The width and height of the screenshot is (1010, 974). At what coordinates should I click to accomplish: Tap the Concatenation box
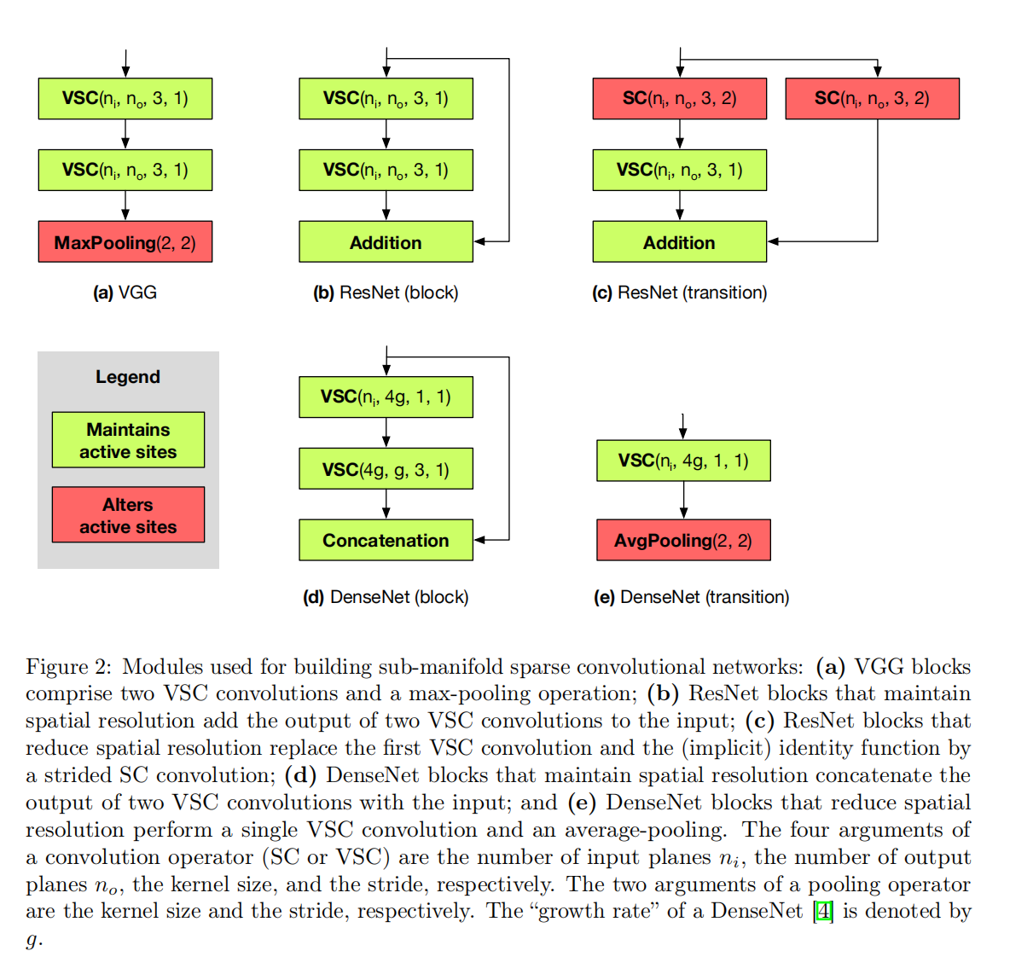pos(386,540)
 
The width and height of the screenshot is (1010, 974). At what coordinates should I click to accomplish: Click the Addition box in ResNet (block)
pos(386,242)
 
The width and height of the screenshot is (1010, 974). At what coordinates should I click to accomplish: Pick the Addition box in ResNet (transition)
pos(679,242)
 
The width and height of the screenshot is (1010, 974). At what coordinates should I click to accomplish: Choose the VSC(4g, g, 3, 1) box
pos(386,469)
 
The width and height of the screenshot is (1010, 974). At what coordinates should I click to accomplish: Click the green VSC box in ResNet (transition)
pos(679,170)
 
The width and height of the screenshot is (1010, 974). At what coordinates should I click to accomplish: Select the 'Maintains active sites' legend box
pos(128,440)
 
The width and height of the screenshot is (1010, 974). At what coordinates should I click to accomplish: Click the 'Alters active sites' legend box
pos(128,515)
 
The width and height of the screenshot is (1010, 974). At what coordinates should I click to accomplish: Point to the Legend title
pos(128,377)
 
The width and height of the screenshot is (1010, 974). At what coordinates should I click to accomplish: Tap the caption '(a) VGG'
pos(125,293)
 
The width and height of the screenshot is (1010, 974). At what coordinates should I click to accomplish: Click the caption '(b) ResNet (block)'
pos(386,293)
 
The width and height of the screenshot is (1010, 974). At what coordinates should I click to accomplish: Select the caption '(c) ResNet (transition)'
pos(679,293)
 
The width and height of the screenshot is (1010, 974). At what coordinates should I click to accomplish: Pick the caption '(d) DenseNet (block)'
pos(386,597)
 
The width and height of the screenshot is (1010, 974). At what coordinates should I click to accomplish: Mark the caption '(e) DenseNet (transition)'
pos(691,597)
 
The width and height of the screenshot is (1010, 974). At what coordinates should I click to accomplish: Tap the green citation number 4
pos(823,911)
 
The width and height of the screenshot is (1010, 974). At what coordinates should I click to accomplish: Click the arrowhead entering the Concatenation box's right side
pos(480,540)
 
